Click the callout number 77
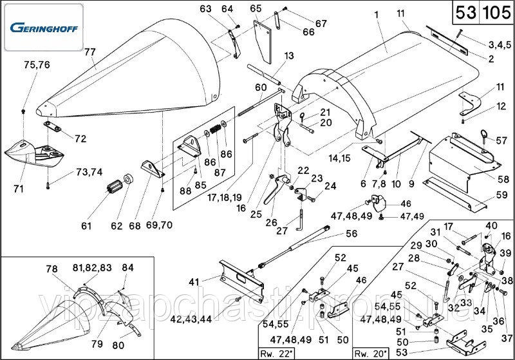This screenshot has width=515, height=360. (89, 52)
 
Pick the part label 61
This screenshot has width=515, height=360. (86, 226)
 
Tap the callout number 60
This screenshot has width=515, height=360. (260, 87)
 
